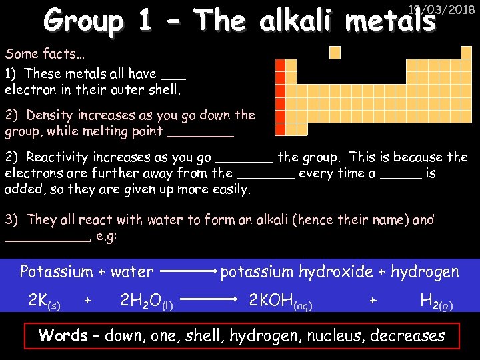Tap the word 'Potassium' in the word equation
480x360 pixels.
pos(56,271)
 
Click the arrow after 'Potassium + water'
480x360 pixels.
pos(189,272)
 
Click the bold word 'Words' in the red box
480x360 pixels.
pos(63,335)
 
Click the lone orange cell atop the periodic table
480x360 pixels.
pos(335,52)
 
